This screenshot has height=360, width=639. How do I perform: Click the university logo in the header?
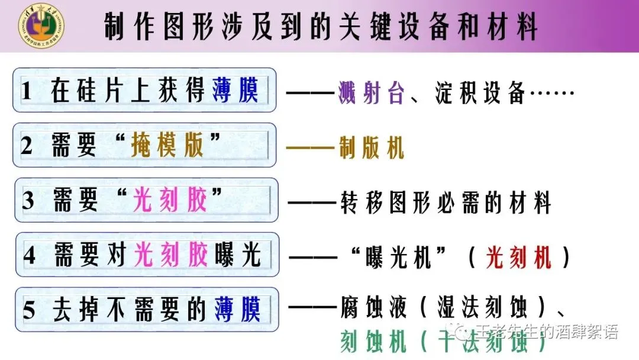(41, 25)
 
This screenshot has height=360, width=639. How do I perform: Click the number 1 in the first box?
(26, 92)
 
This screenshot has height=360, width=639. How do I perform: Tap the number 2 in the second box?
(27, 146)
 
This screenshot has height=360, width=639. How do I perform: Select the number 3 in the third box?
(28, 201)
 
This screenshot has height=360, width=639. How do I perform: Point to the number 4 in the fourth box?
(29, 255)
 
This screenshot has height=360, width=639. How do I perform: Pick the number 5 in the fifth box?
(29, 310)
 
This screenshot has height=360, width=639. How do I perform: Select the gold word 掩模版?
(167, 145)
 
